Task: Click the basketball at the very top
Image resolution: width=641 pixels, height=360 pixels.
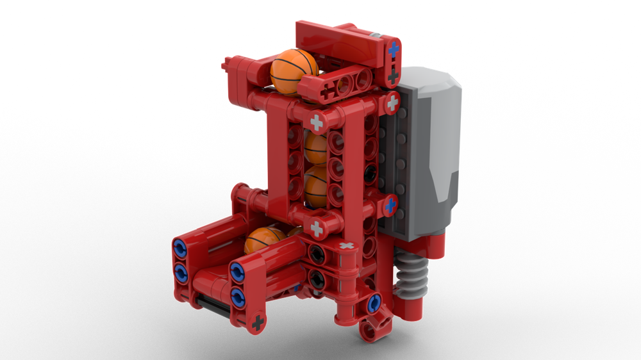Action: tap(294, 70)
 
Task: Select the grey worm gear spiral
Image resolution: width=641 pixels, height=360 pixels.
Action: tap(410, 275)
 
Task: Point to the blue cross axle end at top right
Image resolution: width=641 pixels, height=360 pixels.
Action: tap(393, 49)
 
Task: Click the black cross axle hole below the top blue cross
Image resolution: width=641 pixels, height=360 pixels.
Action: tap(393, 76)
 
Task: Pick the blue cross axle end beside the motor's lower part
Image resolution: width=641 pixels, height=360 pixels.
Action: tap(390, 205)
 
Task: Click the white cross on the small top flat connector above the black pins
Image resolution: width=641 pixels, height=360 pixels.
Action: tap(346, 246)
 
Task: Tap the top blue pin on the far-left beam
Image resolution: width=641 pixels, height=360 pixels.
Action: tap(179, 248)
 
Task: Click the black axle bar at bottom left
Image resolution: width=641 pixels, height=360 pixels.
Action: tap(210, 307)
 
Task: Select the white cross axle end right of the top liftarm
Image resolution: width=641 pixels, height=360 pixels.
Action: tap(392, 101)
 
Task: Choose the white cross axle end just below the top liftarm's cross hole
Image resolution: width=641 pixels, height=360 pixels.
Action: tap(317, 122)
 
